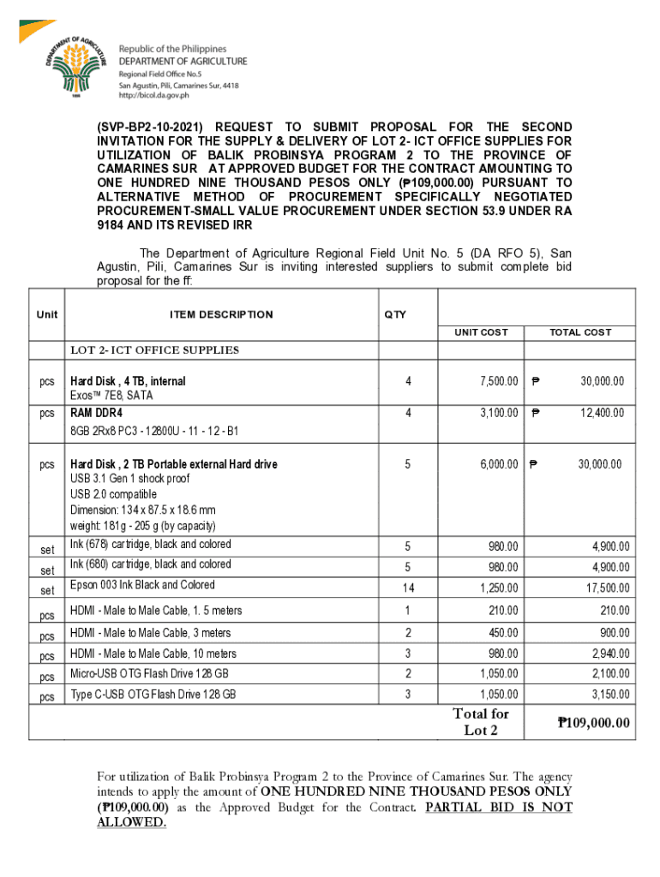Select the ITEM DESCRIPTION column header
[x=221, y=314]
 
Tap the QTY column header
[x=395, y=314]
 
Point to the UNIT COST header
[x=481, y=332]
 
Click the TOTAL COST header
[x=580, y=332]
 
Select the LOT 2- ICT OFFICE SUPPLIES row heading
[x=154, y=350]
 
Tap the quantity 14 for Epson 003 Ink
[x=408, y=588]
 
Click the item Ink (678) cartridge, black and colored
[x=150, y=545]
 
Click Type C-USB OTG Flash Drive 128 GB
[x=153, y=694]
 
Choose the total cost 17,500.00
[x=608, y=588]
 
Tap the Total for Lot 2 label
[x=480, y=722]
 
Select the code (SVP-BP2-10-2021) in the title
[x=151, y=127]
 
